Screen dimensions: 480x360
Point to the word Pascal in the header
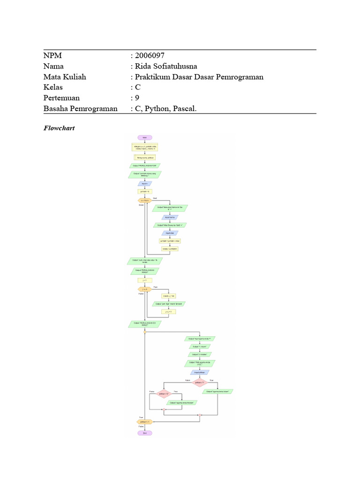[x=185, y=109]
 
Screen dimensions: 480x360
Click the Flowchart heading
[x=59, y=127]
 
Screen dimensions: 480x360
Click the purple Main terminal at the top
[x=145, y=137]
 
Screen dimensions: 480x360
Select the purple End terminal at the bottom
[x=145, y=434]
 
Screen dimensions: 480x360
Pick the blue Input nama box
[x=169, y=217]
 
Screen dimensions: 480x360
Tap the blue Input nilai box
[x=169, y=233]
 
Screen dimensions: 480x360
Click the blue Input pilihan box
[x=200, y=373]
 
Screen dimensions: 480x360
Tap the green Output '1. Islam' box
[x=200, y=347]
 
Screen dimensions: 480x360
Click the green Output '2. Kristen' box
[x=200, y=354]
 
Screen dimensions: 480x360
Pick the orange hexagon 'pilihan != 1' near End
[x=145, y=422]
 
